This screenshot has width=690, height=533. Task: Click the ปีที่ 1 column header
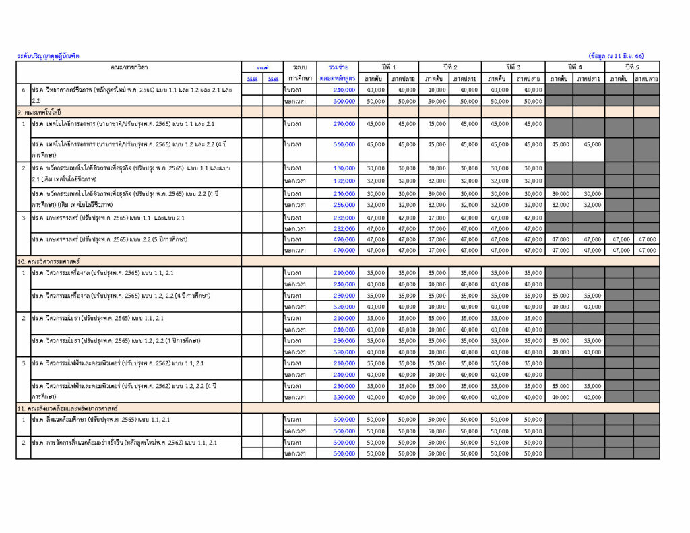(388, 67)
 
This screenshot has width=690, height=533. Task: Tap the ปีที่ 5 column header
(632, 67)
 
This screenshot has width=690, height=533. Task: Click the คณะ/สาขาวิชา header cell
(129, 67)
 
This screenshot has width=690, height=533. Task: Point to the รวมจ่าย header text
(338, 67)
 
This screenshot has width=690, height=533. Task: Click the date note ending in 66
(616, 56)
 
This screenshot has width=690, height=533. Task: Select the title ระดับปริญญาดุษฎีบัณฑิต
(48, 56)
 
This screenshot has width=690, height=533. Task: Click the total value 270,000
(344, 123)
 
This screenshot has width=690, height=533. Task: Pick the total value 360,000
(344, 144)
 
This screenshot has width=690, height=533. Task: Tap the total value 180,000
(344, 168)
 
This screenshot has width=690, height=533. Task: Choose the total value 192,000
(344, 181)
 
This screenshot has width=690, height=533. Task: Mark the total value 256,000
(344, 205)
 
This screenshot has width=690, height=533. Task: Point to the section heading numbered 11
(67, 408)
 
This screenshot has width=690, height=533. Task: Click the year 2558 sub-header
(252, 79)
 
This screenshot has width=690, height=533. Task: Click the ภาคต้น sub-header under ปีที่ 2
(436, 79)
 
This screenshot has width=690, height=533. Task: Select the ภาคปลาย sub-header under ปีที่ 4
(590, 79)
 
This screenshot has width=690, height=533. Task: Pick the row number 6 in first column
(24, 90)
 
